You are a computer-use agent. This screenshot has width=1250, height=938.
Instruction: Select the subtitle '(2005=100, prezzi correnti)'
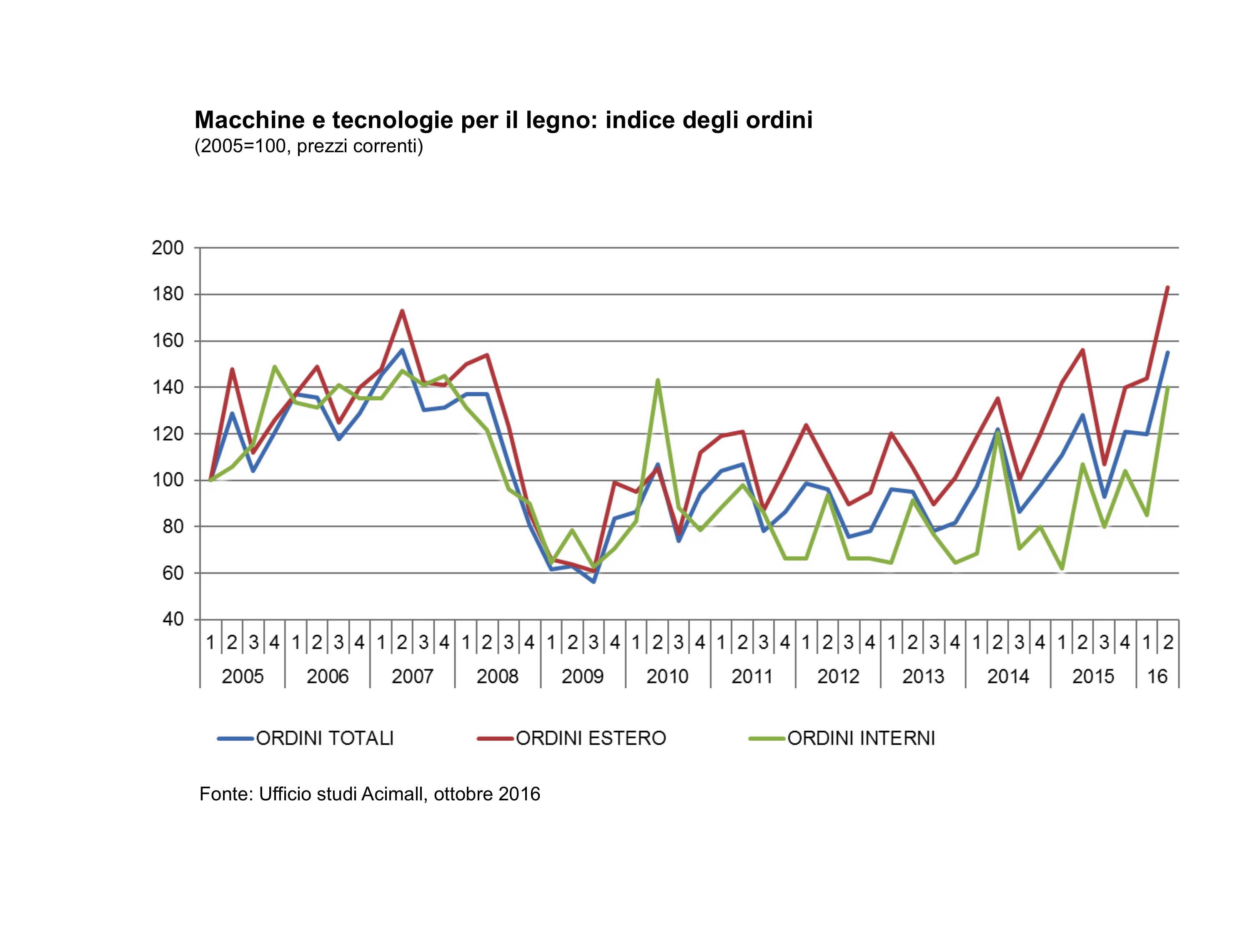tap(308, 146)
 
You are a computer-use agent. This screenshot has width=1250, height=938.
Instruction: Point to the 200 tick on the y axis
tap(168, 248)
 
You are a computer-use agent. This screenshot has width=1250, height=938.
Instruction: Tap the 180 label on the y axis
tap(168, 294)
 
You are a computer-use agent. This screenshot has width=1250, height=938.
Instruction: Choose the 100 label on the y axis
tap(168, 480)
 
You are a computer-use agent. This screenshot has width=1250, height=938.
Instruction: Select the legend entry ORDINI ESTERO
tap(591, 738)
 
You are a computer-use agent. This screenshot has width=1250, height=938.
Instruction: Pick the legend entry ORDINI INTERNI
tap(861, 738)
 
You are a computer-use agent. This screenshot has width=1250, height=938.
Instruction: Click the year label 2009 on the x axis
tap(583, 676)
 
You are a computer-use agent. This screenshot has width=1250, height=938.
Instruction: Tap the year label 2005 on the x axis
tap(243, 676)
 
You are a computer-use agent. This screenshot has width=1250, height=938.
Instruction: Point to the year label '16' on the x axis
tap(1157, 676)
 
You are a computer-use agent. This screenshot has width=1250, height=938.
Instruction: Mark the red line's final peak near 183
tap(1167, 288)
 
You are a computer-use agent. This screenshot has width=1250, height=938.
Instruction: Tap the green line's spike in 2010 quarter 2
tap(657, 380)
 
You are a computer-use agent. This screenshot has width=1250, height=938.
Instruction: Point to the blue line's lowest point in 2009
tap(594, 581)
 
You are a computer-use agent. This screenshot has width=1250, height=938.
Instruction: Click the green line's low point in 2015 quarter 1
tap(1062, 568)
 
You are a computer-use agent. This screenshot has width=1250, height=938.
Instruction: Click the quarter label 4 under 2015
tap(1125, 642)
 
